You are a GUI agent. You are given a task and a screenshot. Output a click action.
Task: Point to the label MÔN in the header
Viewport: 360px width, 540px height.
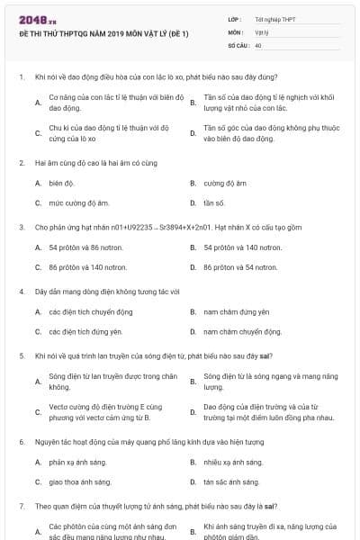(236, 31)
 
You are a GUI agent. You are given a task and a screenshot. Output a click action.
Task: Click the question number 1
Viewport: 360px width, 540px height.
(21, 77)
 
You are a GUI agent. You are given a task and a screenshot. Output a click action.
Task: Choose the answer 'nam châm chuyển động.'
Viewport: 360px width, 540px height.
(238, 331)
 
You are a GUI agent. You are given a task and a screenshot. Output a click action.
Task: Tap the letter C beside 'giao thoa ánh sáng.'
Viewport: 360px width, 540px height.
(38, 481)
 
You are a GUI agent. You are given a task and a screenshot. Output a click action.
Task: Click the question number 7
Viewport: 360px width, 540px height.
(21, 506)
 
